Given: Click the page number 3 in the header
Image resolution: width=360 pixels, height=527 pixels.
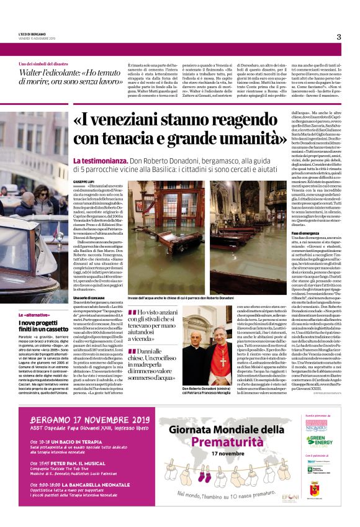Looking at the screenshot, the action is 339,37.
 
